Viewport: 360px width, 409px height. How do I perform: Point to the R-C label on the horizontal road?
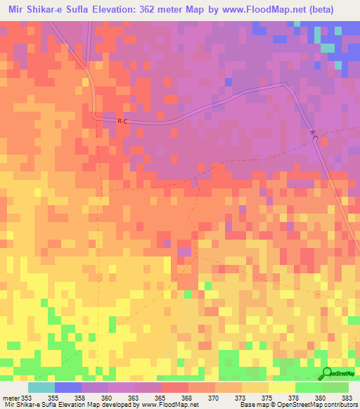click(x=122, y=122)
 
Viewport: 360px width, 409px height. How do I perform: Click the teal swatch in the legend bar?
click(x=41, y=387)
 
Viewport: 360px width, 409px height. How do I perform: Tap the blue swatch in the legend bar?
click(x=68, y=387)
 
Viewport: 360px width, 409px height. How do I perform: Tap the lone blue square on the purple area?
click(x=229, y=82)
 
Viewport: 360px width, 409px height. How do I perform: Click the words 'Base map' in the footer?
click(x=250, y=404)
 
